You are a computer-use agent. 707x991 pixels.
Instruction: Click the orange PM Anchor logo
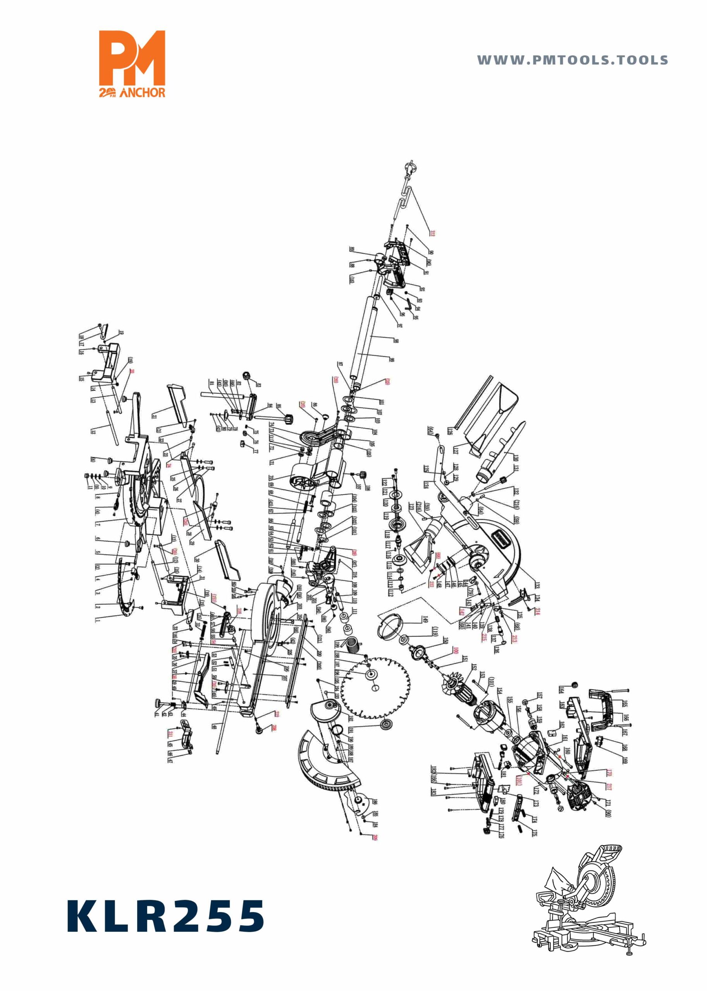point(132,63)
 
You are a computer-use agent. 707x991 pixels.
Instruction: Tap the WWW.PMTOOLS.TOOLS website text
point(572,60)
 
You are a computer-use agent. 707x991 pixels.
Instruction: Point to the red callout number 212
point(432,233)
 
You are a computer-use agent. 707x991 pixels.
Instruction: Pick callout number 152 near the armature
point(474,667)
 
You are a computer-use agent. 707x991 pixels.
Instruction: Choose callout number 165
point(625,704)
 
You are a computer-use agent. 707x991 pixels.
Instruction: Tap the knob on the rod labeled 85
point(288,419)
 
